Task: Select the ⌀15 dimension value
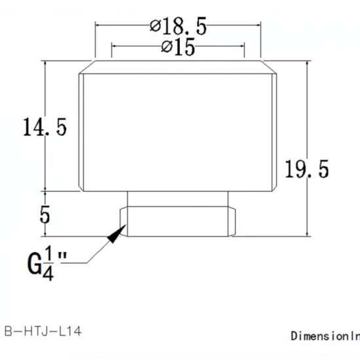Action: click(178, 48)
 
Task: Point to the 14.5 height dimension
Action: click(45, 126)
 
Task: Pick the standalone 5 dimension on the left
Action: click(45, 215)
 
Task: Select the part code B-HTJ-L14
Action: click(43, 332)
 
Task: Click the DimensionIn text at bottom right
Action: click(325, 336)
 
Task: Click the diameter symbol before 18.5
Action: click(155, 27)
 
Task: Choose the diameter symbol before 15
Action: click(166, 48)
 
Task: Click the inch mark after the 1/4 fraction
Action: click(63, 257)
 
